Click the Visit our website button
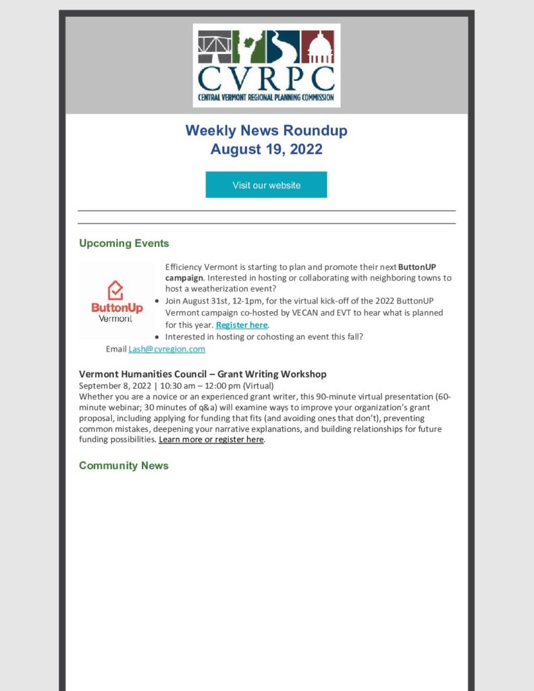[266, 185]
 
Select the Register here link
[242, 325]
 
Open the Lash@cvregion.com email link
[167, 349]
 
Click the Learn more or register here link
[211, 439]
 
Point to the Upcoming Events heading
[124, 243]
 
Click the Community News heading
[124, 466]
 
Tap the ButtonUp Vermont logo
[117, 301]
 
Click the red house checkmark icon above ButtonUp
[116, 290]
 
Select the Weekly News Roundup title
[266, 130]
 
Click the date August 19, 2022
[266, 149]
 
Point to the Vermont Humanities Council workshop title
[203, 374]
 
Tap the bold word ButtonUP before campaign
[417, 267]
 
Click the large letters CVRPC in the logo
[266, 78]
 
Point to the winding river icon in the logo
[283, 47]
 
